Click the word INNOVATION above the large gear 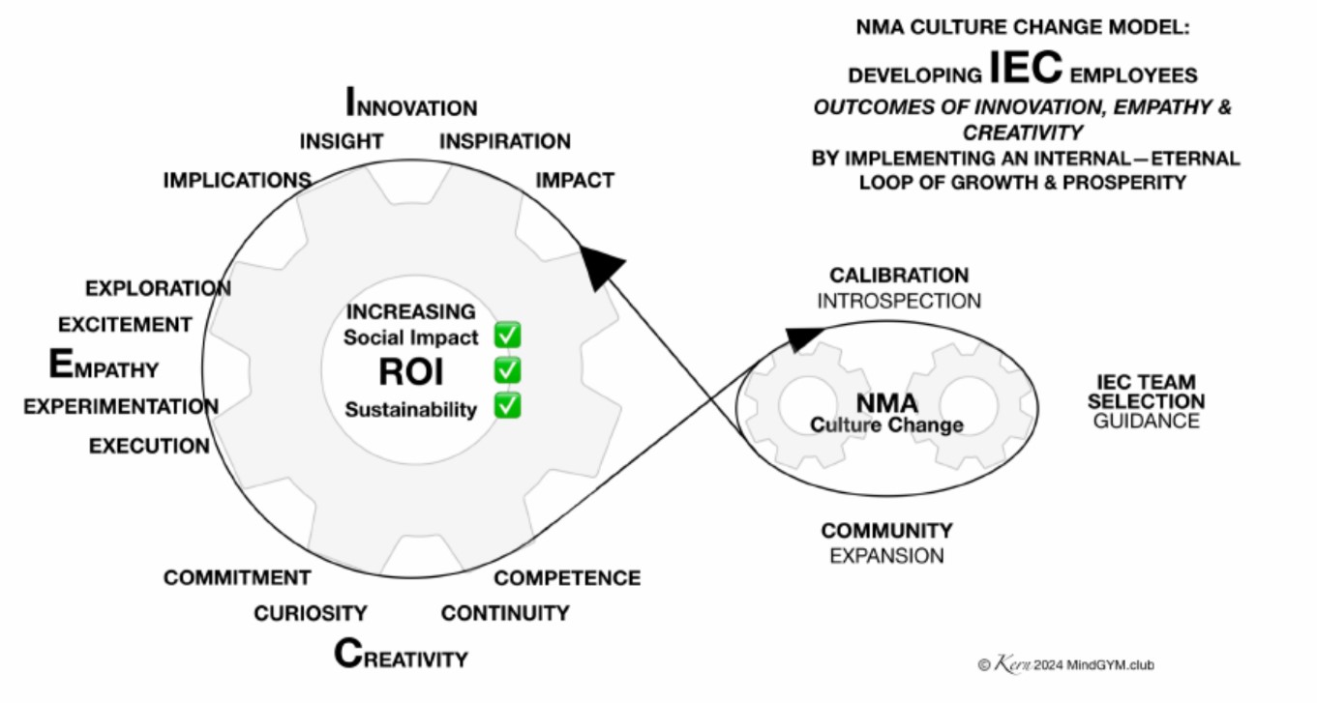pyautogui.click(x=411, y=104)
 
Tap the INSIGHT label pyautogui.click(x=341, y=141)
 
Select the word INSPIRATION pyautogui.click(x=505, y=141)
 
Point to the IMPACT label pyautogui.click(x=575, y=180)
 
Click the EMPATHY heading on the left pyautogui.click(x=104, y=366)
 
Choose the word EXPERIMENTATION pyautogui.click(x=121, y=406)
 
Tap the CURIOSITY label pyautogui.click(x=311, y=613)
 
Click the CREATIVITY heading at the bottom pyautogui.click(x=401, y=657)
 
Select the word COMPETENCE pyautogui.click(x=567, y=578)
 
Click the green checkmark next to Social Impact pyautogui.click(x=508, y=336)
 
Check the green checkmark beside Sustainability pyautogui.click(x=508, y=405)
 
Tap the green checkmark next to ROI pyautogui.click(x=508, y=370)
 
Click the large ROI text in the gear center pyautogui.click(x=411, y=372)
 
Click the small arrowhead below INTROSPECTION pyautogui.click(x=804, y=337)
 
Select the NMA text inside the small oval pyautogui.click(x=886, y=402)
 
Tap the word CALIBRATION pyautogui.click(x=898, y=276)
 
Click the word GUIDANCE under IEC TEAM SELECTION pyautogui.click(x=1146, y=421)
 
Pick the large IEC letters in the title pyautogui.click(x=1026, y=71)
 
